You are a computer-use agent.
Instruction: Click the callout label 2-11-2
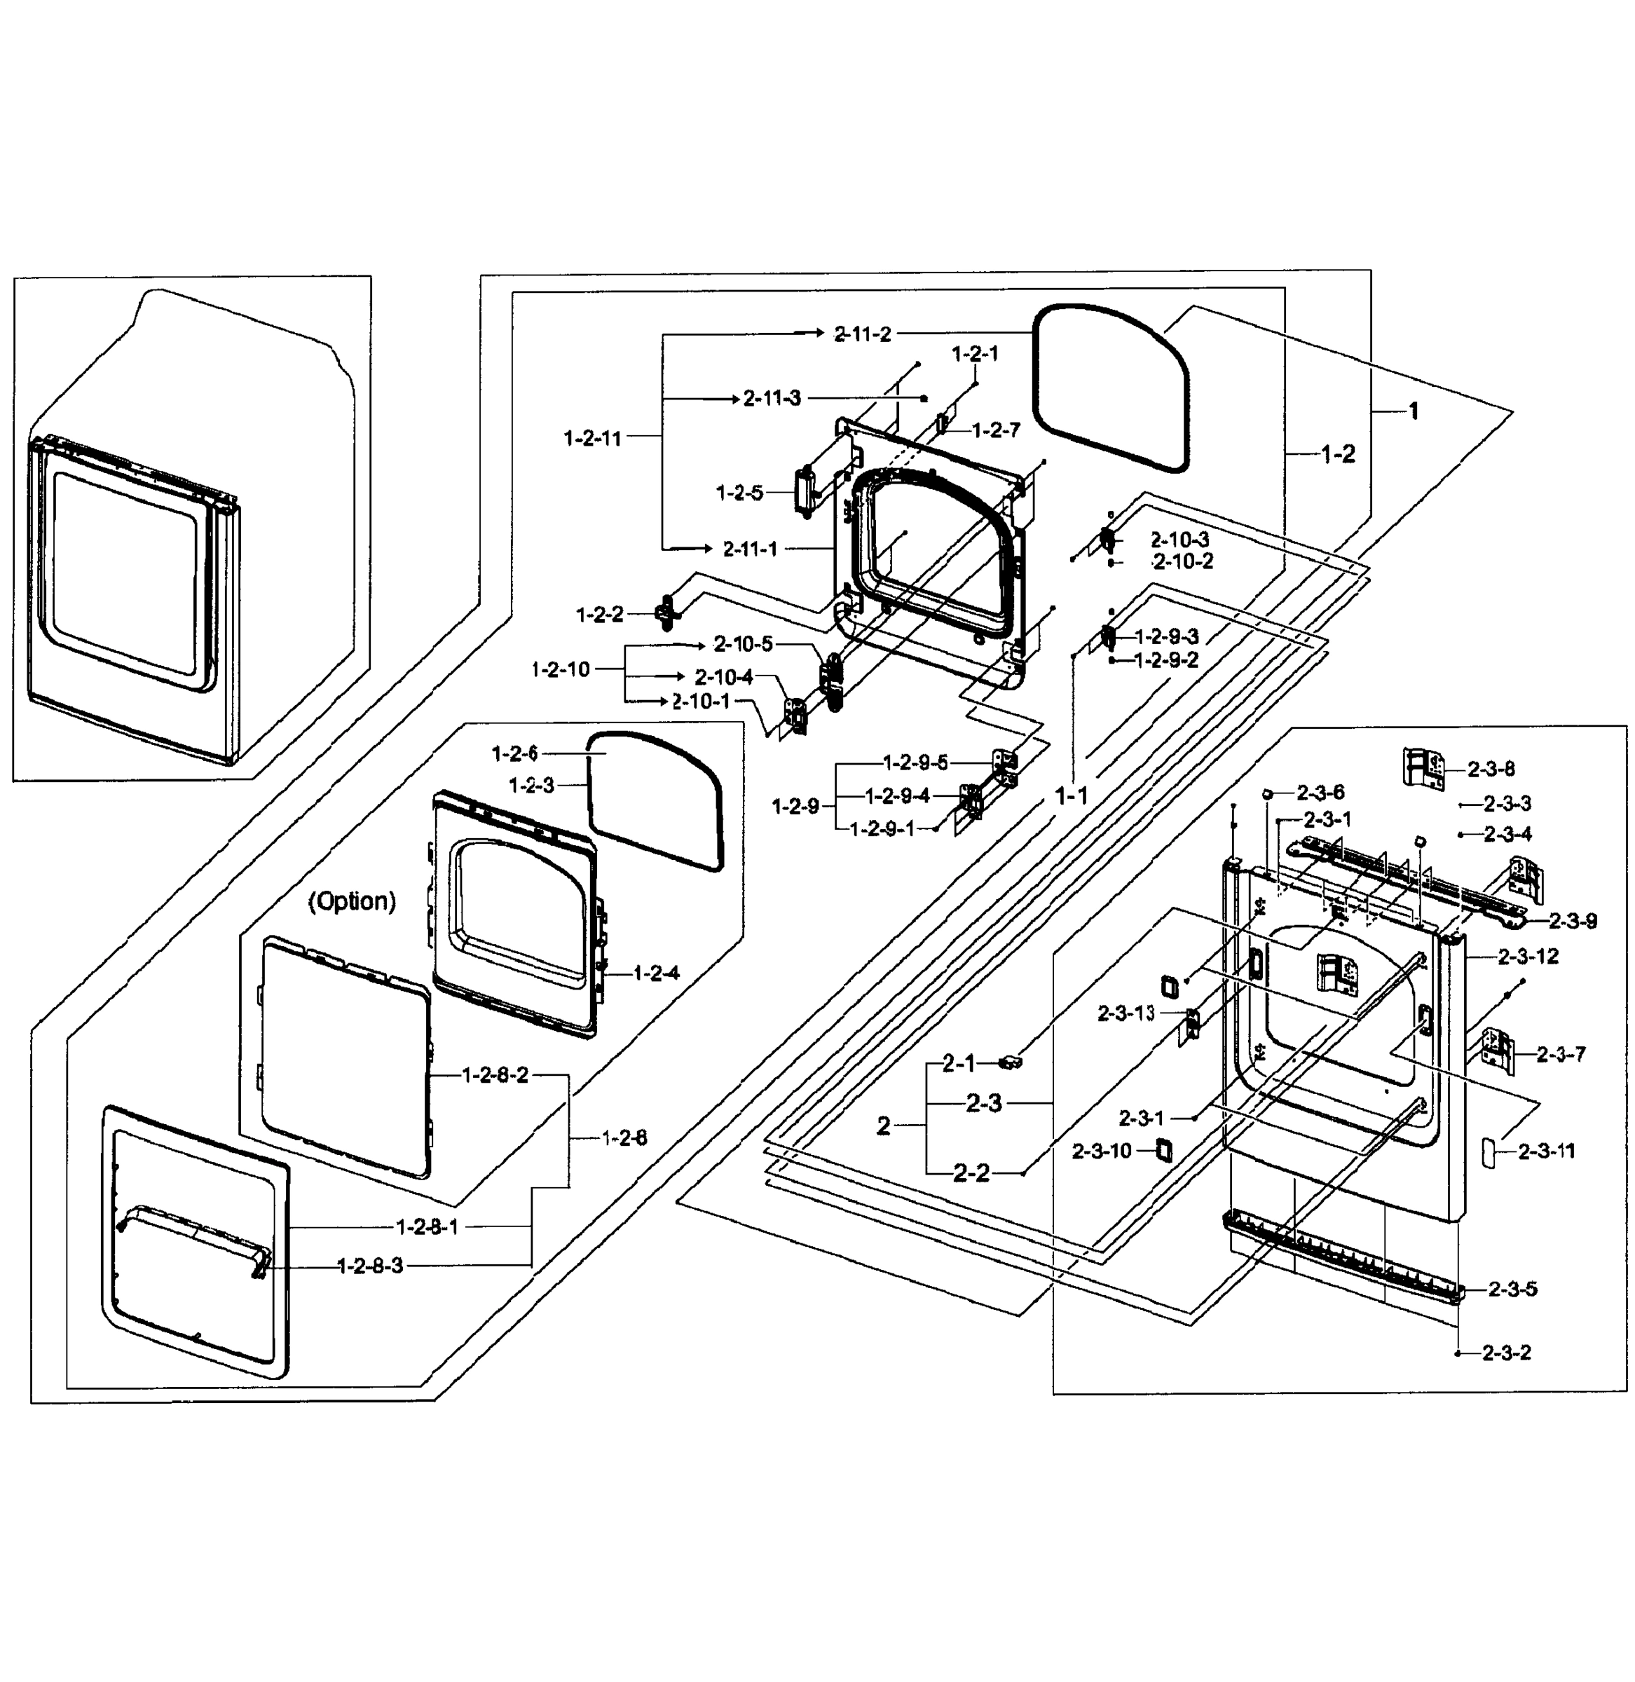click(863, 334)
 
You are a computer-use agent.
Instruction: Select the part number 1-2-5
click(739, 493)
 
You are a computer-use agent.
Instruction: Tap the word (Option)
click(352, 901)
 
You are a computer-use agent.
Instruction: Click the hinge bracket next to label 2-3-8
click(1423, 767)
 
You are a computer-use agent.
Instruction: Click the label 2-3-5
click(1513, 1289)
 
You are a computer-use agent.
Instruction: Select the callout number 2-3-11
click(1547, 1151)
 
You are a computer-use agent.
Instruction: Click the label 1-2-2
click(599, 615)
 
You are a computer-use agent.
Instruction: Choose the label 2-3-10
click(1102, 1151)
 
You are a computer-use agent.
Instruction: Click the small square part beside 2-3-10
click(1165, 1149)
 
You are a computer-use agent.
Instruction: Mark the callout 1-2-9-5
click(915, 762)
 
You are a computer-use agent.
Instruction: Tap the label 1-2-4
click(656, 973)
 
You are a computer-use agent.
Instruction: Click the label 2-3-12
click(1528, 956)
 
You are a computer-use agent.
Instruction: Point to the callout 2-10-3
click(1180, 539)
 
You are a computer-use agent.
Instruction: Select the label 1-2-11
click(591, 438)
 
